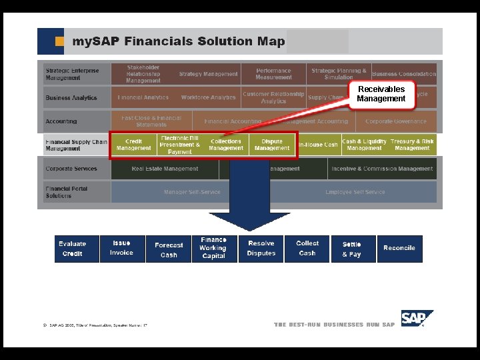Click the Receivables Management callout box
381,94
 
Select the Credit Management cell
133,145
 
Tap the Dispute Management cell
272,145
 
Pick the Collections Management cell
226,145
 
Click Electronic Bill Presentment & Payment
179,145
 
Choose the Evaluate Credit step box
73,249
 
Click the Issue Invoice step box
121,248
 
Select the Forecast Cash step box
169,249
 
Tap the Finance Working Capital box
213,248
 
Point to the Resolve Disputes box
261,249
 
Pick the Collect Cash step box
307,248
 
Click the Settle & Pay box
352,249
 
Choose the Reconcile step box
399,248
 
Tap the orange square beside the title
59,41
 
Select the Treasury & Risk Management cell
412,145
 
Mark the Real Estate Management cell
165,169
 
